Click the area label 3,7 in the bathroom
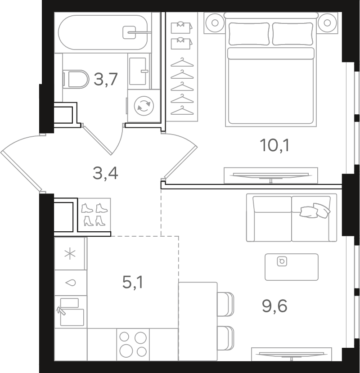[x=106, y=79]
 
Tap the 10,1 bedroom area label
[x=275, y=145]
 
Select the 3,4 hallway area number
[x=105, y=173]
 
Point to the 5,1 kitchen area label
[x=133, y=283]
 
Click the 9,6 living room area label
[x=274, y=306]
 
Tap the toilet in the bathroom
[x=76, y=79]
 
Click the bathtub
[x=103, y=32]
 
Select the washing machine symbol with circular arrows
[x=144, y=106]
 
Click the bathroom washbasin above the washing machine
[x=139, y=71]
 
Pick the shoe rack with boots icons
[x=94, y=215]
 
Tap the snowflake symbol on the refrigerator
[x=70, y=254]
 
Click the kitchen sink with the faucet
[x=70, y=312]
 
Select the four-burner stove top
[x=133, y=345]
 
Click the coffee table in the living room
[x=292, y=267]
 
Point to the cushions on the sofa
[x=314, y=210]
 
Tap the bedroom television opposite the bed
[x=271, y=176]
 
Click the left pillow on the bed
[x=249, y=34]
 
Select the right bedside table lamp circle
[x=328, y=23]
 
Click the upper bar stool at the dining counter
[x=225, y=304]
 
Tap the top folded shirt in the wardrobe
[x=181, y=27]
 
